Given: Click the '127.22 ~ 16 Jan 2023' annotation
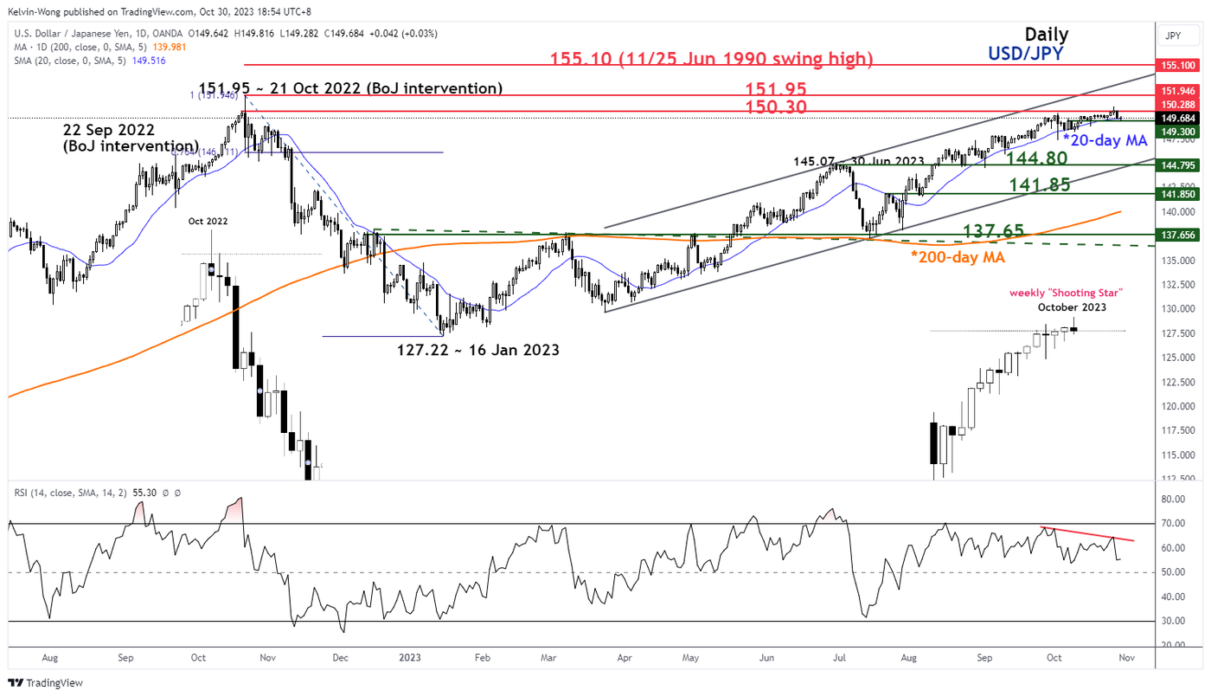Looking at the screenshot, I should coord(477,351).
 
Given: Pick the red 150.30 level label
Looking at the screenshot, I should coord(777,106).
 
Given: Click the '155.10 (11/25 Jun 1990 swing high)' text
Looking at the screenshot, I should coord(712,59).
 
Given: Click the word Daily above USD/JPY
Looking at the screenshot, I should coord(1046,35).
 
